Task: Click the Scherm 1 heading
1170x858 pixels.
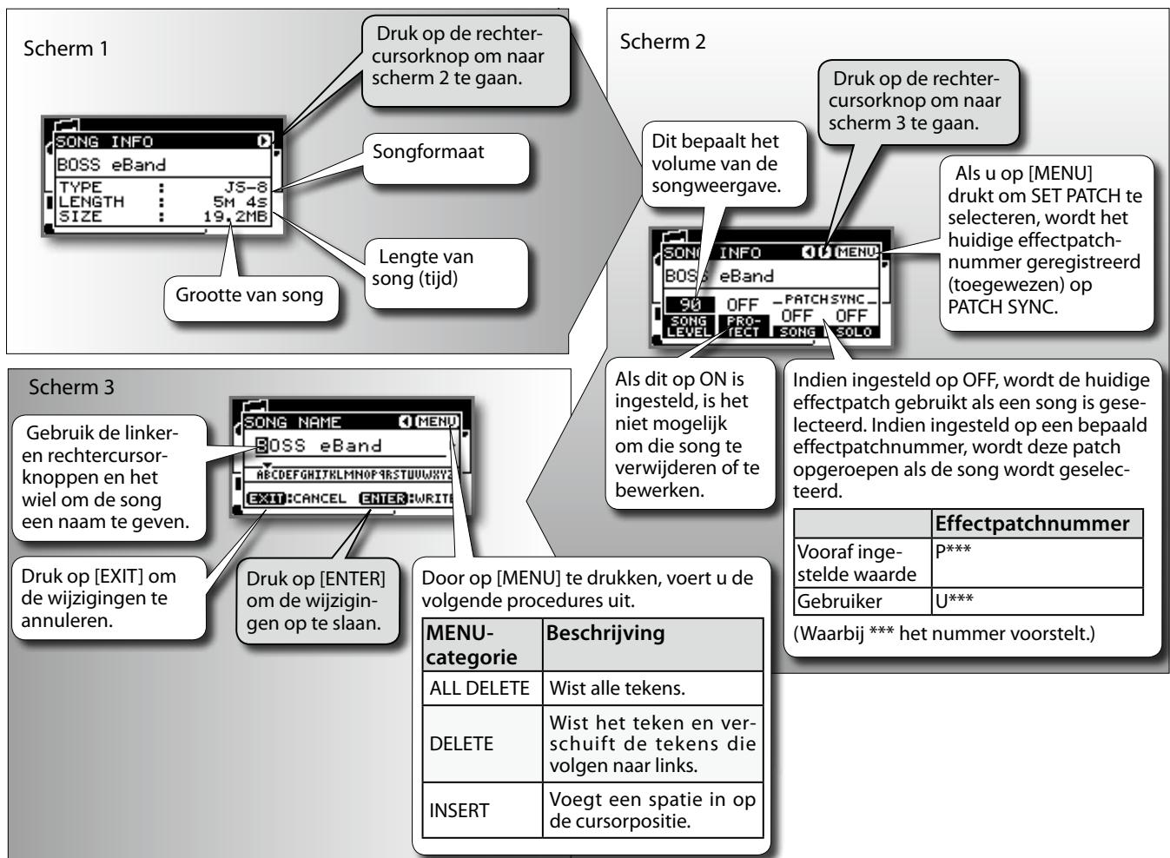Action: pos(66,49)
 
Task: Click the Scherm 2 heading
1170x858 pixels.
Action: pos(662,42)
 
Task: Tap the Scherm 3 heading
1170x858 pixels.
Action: pos(71,387)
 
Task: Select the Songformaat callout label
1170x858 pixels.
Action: pos(428,152)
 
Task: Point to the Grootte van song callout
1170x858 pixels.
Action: pos(249,295)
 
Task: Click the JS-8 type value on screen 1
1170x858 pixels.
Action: pos(246,187)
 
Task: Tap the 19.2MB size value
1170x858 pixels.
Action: pos(235,216)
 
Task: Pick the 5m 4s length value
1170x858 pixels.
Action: pos(240,201)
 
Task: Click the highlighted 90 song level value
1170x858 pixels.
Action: pos(691,305)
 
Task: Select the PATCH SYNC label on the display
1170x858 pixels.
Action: pos(824,300)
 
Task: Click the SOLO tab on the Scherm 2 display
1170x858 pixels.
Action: pos(854,332)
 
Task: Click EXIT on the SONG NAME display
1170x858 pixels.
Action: pos(266,498)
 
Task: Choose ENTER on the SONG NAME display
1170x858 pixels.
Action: pos(383,498)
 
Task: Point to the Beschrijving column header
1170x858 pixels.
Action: pos(605,633)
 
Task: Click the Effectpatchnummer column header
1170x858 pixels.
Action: pos(1032,524)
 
